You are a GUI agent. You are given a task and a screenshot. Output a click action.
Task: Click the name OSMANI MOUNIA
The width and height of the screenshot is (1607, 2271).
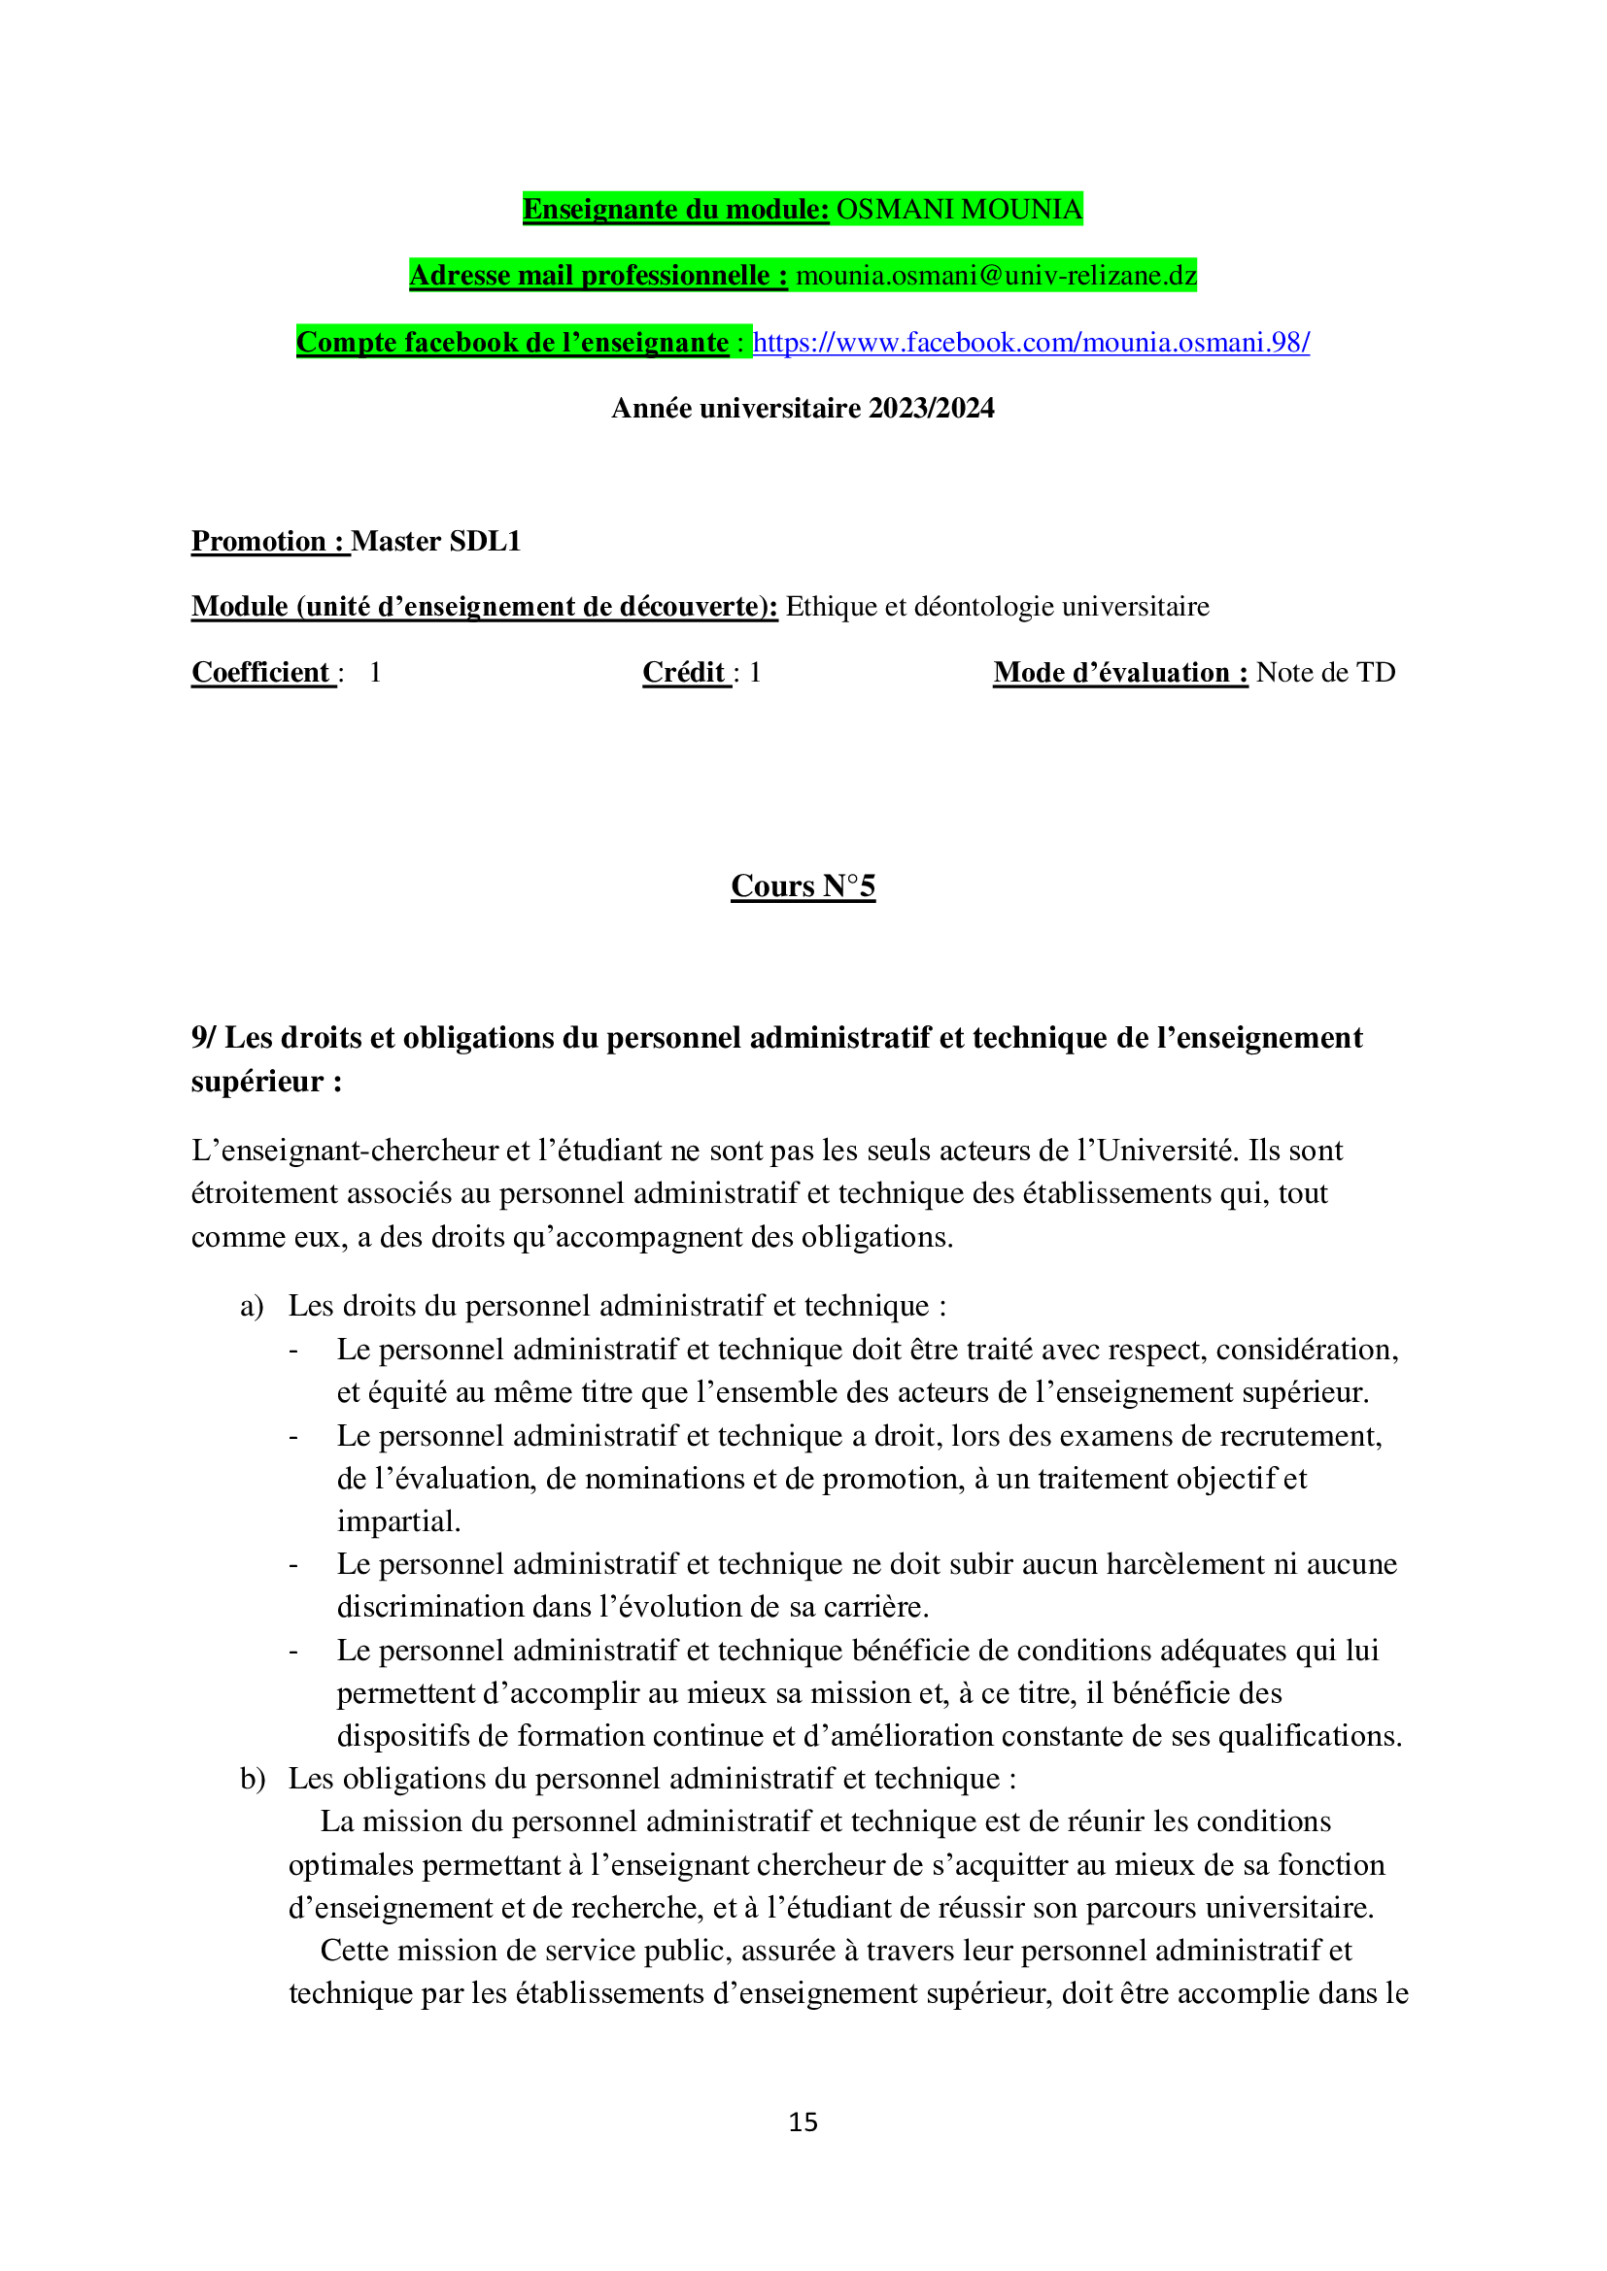959,210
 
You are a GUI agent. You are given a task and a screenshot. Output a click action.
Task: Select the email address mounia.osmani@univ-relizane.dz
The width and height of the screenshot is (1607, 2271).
997,275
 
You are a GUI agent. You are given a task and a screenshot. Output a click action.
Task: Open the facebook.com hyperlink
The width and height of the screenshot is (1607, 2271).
1031,342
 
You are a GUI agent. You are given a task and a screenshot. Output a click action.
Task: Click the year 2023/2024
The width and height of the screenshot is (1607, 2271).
931,409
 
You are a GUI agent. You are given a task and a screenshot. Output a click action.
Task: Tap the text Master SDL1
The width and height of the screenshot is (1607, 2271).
436,541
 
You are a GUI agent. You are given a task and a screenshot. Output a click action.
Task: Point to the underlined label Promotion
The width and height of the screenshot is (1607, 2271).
258,541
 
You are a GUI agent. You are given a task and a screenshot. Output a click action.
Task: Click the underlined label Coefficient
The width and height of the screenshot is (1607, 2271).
261,673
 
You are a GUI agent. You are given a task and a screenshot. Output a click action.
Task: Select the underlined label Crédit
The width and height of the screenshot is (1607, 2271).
685,673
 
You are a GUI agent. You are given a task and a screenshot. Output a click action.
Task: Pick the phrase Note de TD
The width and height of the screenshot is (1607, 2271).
1325,673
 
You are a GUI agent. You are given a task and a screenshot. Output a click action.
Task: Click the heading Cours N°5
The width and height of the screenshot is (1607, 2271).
803,886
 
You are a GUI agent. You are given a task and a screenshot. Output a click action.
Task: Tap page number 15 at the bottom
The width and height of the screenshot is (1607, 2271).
803,2121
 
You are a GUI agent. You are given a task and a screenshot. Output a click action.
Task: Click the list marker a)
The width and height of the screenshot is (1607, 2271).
252,1306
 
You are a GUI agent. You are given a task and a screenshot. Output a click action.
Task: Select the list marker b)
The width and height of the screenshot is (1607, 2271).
252,1779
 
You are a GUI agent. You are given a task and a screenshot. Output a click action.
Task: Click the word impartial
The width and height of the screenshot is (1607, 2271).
397,1521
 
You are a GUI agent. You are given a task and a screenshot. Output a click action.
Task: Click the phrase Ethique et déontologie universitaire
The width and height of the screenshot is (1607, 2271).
998,606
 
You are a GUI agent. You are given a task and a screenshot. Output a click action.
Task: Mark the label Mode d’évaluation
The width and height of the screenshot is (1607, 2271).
1120,673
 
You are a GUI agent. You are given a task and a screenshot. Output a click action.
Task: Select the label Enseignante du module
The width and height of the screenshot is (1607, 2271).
676,210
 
